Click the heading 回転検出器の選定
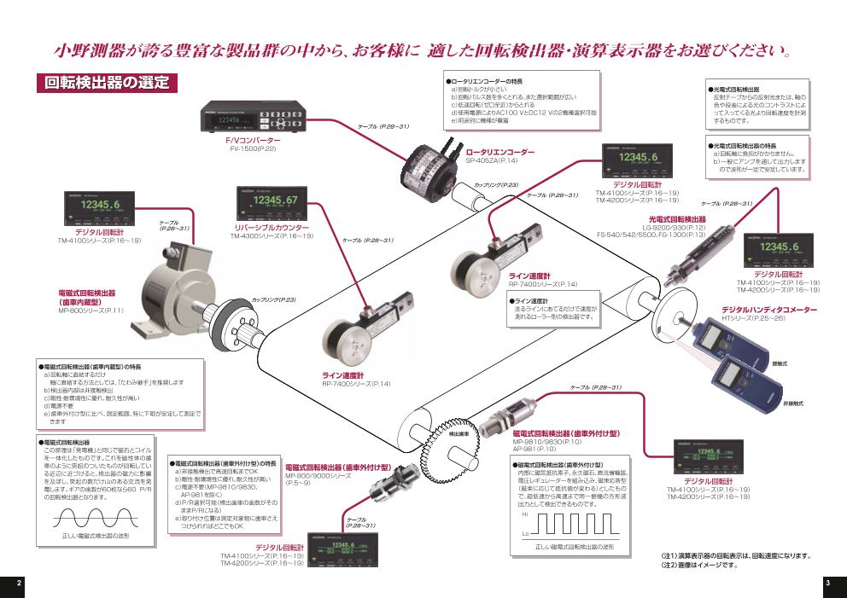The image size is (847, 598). click(x=107, y=84)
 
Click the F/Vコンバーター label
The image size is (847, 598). click(x=253, y=139)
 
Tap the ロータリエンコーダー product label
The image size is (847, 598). click(x=499, y=152)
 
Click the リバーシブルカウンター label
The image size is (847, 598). click(x=272, y=228)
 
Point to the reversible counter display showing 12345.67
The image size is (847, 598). click(x=272, y=202)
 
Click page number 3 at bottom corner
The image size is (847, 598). click(x=827, y=582)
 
